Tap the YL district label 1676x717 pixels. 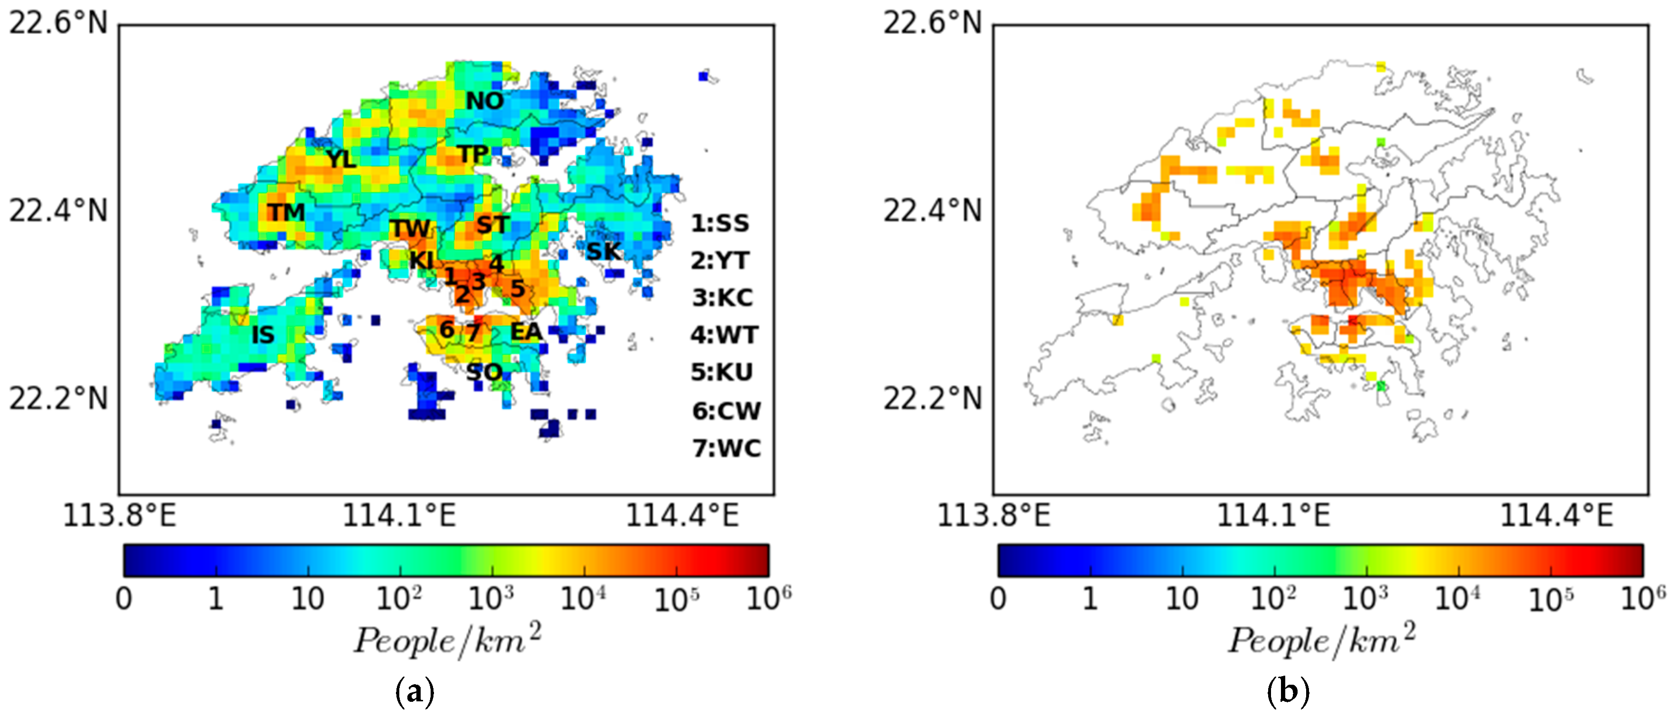click(341, 159)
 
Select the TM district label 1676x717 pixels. click(286, 212)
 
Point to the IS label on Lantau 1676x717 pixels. click(263, 335)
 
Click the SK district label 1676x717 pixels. click(603, 251)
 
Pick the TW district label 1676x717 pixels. click(410, 228)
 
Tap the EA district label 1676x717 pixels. click(526, 332)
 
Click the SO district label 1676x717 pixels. click(484, 372)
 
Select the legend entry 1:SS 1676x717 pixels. click(720, 223)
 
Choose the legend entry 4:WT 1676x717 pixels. click(724, 335)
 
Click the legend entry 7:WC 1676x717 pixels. click(726, 448)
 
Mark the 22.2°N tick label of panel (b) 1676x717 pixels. click(932, 398)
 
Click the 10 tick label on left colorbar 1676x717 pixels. click(308, 599)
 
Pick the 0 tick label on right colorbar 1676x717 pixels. click(998, 599)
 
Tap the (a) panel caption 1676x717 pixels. click(414, 692)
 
